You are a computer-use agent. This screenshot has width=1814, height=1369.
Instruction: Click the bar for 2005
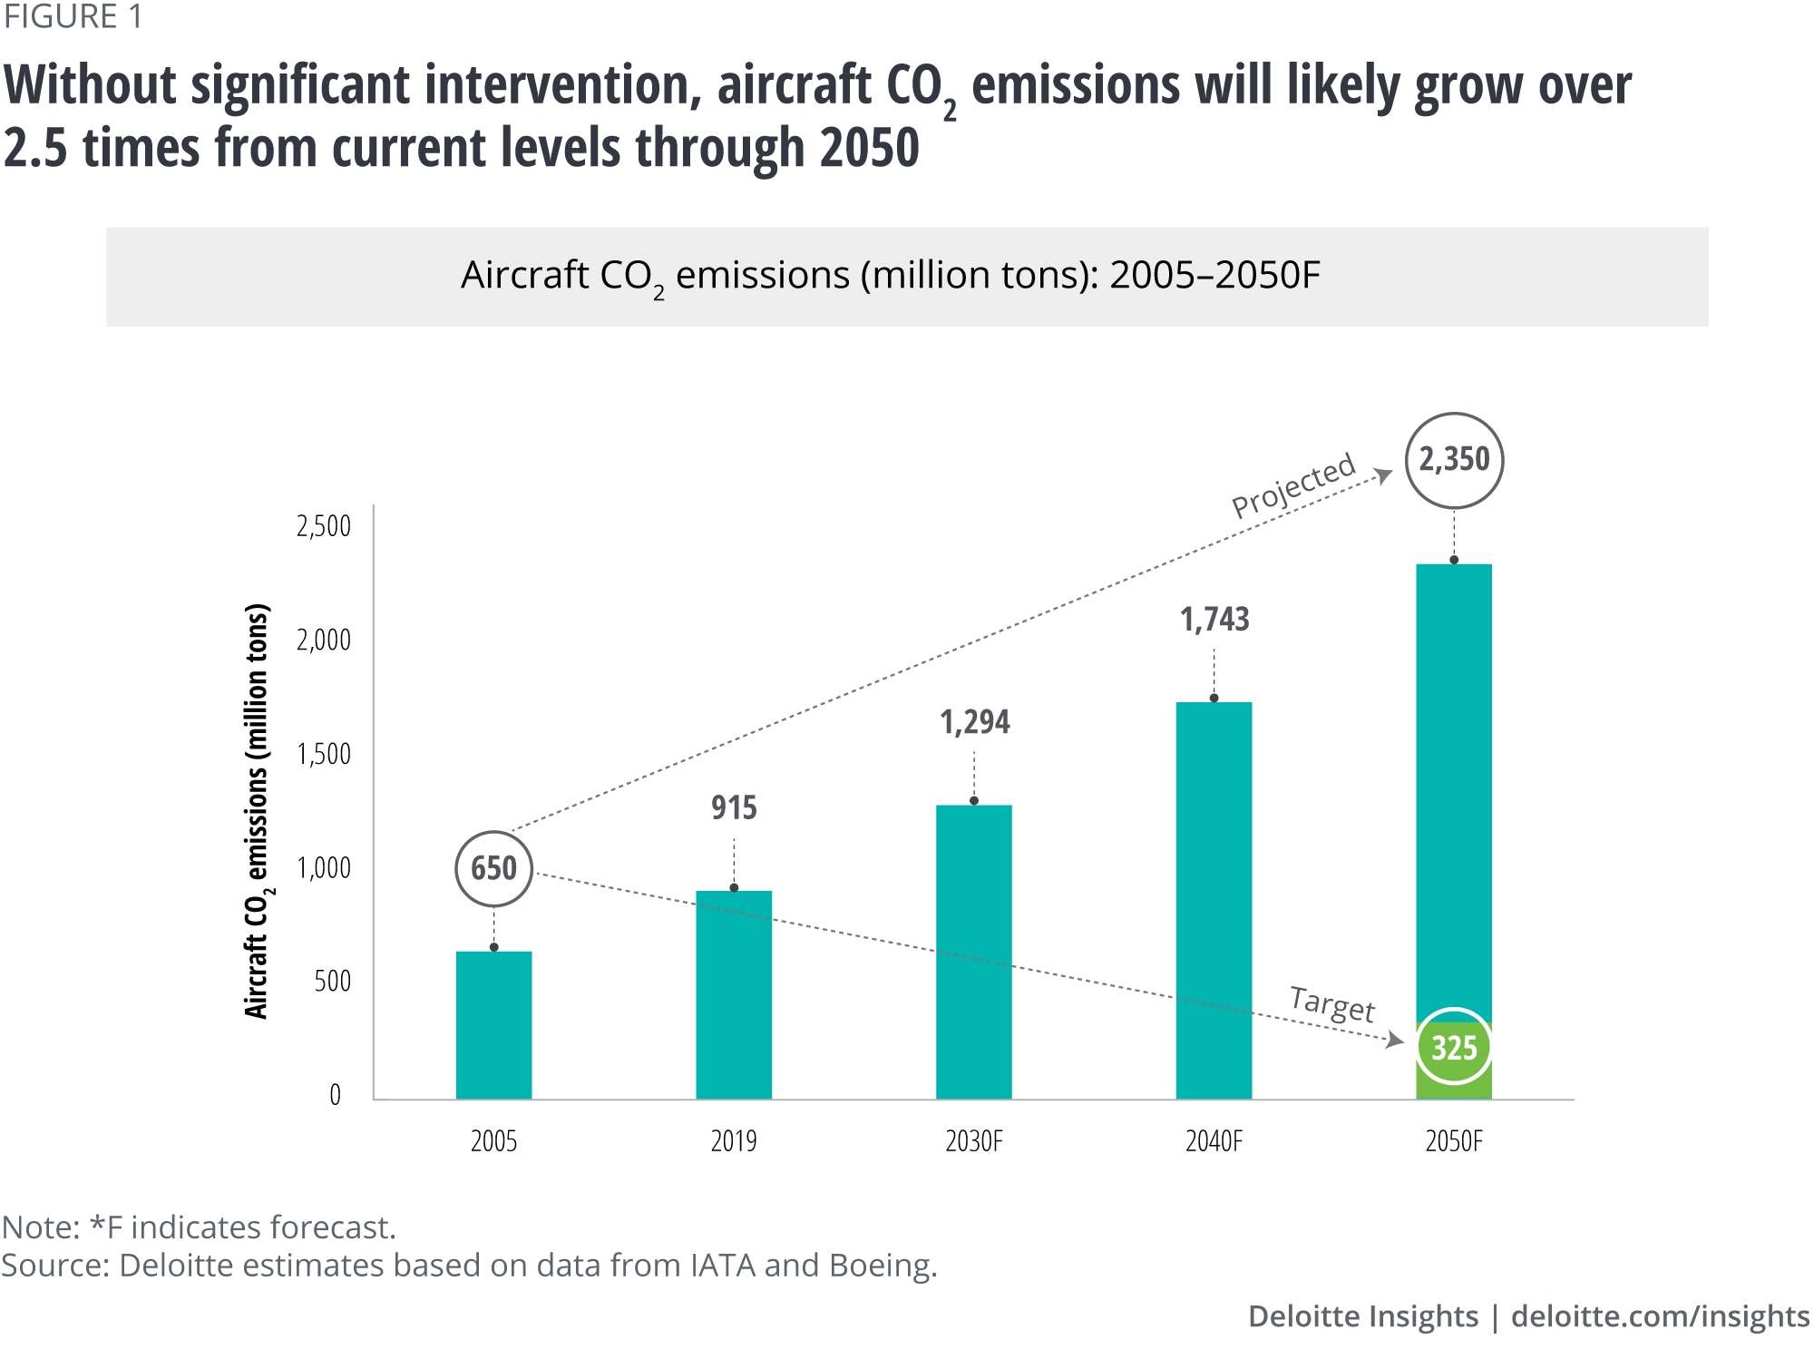pyautogui.click(x=493, y=1025)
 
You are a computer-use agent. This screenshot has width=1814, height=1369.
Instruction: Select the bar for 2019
pyautogui.click(x=734, y=994)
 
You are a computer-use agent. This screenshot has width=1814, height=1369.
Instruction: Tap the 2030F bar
pyautogui.click(x=974, y=952)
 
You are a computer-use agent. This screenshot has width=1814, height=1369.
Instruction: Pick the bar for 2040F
pyautogui.click(x=1214, y=900)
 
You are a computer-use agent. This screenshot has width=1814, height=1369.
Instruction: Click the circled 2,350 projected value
pyautogui.click(x=1454, y=460)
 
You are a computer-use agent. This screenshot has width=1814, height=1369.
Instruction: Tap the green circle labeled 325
pyautogui.click(x=1454, y=1047)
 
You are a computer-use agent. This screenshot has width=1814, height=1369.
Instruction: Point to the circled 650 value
pyautogui.click(x=493, y=868)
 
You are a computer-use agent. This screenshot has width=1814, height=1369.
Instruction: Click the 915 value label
pyautogui.click(x=734, y=807)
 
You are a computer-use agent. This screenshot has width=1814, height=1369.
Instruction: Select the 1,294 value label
pyautogui.click(x=974, y=722)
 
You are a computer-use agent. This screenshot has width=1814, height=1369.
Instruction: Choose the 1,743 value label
pyautogui.click(x=1214, y=620)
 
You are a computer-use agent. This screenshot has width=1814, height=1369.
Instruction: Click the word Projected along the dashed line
pyautogui.click(x=1292, y=485)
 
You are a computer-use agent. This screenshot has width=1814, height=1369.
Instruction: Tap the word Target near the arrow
pyautogui.click(x=1331, y=1004)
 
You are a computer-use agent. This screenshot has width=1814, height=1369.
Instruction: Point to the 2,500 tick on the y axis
pyautogui.click(x=324, y=526)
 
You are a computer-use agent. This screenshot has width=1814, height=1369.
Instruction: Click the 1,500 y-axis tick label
pyautogui.click(x=324, y=754)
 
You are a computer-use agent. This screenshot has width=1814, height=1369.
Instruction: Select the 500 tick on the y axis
pyautogui.click(x=332, y=981)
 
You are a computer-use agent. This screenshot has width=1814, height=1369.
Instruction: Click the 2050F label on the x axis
pyautogui.click(x=1454, y=1141)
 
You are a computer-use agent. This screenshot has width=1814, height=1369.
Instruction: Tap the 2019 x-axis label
pyautogui.click(x=734, y=1141)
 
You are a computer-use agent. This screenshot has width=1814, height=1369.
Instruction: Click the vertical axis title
pyautogui.click(x=258, y=810)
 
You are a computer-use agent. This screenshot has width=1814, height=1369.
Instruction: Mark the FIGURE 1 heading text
pyautogui.click(x=73, y=17)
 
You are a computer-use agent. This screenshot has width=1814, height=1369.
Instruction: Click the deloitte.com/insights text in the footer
pyautogui.click(x=1660, y=1316)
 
